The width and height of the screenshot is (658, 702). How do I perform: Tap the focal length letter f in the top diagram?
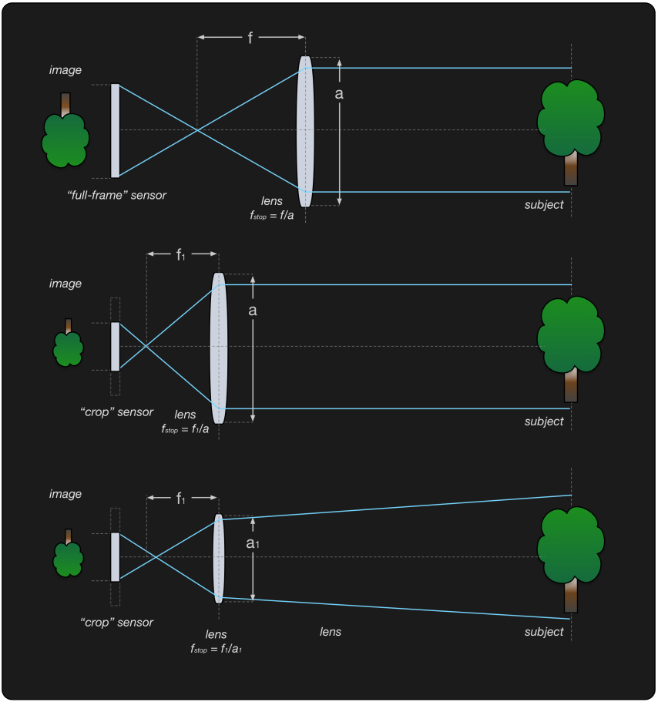[x=250, y=37]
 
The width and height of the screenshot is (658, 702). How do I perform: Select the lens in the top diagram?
[x=305, y=131]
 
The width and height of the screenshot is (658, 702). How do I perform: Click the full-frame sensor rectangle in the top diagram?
[x=115, y=130]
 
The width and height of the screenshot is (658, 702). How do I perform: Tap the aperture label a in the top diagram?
[x=339, y=93]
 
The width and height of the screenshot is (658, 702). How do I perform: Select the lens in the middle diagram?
[x=218, y=348]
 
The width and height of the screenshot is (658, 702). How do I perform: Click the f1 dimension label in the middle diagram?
[x=181, y=254]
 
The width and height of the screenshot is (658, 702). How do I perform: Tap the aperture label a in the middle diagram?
[x=252, y=311]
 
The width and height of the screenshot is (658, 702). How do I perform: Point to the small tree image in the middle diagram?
[x=68, y=344]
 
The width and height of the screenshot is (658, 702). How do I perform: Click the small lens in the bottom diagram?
[x=219, y=558]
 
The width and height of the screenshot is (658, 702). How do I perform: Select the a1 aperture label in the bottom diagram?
[x=253, y=543]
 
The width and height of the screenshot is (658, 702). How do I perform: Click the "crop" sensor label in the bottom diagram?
[x=116, y=622]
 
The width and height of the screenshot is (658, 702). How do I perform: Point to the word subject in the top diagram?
[x=544, y=204]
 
